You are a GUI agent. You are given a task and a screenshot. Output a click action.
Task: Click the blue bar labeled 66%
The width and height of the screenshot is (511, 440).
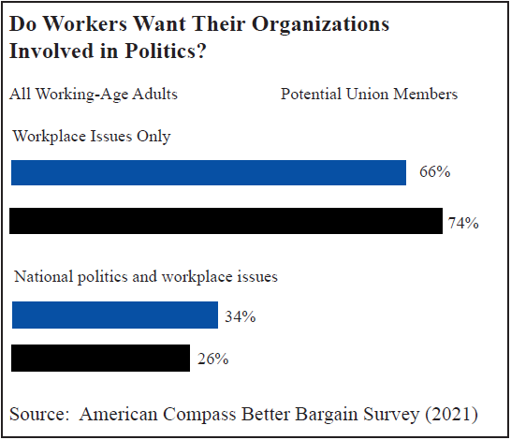click(x=209, y=173)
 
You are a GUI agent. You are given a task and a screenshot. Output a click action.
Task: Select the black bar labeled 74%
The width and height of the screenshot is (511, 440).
click(x=226, y=221)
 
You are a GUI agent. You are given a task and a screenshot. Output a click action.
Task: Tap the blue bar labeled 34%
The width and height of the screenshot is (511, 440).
click(x=115, y=315)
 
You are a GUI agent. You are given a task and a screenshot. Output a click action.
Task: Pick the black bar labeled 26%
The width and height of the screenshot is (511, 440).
click(x=100, y=358)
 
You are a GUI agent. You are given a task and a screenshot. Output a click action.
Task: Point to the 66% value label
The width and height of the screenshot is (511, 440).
click(x=435, y=171)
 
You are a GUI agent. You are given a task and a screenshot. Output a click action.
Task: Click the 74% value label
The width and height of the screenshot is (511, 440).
click(x=463, y=223)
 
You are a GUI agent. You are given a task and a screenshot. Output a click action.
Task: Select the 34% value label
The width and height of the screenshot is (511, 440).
click(x=241, y=316)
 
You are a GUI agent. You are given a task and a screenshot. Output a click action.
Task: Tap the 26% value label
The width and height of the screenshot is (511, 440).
click(x=212, y=359)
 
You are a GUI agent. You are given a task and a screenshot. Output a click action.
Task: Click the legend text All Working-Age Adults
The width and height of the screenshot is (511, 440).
click(x=94, y=95)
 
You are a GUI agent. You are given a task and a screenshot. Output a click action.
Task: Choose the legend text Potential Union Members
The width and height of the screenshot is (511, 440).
click(x=370, y=95)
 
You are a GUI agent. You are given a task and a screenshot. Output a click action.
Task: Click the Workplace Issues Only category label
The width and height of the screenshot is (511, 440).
click(x=92, y=137)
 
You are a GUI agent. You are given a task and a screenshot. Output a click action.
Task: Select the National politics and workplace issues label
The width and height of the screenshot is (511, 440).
click(x=146, y=277)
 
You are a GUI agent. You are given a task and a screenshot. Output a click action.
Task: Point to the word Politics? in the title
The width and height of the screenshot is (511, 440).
click(x=166, y=51)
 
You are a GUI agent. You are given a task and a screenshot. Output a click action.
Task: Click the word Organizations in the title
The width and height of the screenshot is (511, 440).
click(x=321, y=24)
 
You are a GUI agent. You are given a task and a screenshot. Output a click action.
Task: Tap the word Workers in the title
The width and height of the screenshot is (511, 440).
click(x=85, y=23)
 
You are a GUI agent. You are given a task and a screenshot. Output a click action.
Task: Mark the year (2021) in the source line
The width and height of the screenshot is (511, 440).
click(x=451, y=415)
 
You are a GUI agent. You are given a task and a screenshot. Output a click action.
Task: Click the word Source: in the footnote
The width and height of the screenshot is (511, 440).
click(x=39, y=415)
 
